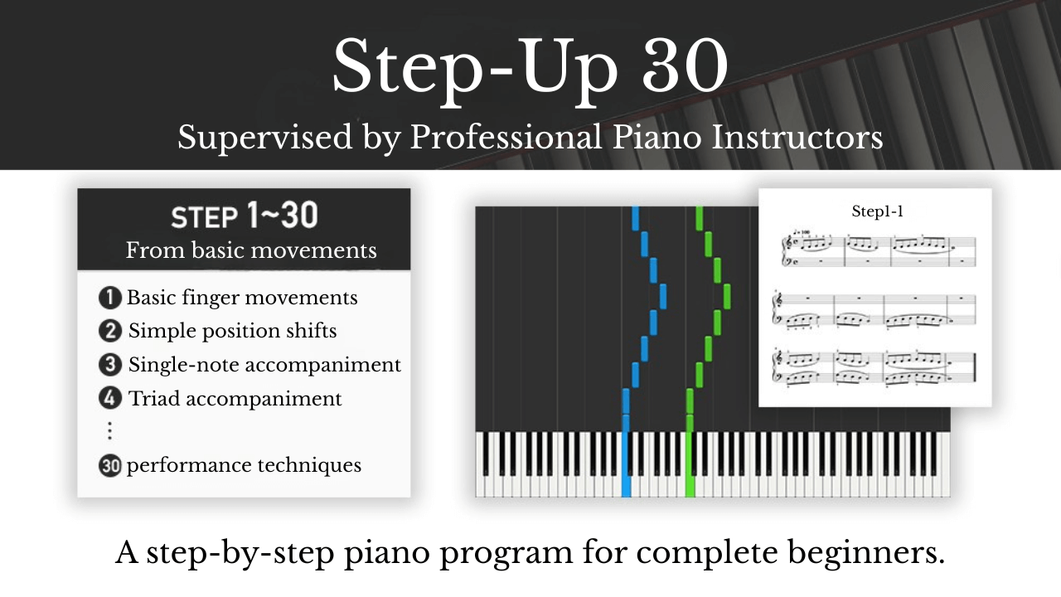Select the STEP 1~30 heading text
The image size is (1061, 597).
pos(244,217)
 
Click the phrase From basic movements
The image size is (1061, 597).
pos(250,250)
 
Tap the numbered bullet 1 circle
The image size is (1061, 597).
pos(109,298)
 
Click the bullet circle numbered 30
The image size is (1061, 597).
pos(109,466)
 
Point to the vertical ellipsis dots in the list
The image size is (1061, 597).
pos(109,431)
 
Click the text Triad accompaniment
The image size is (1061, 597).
pos(235,399)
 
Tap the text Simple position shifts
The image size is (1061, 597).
pos(232,332)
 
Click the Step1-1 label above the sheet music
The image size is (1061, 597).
pos(877,211)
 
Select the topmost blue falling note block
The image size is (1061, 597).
pos(636,218)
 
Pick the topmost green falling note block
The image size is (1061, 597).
pos(700,218)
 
